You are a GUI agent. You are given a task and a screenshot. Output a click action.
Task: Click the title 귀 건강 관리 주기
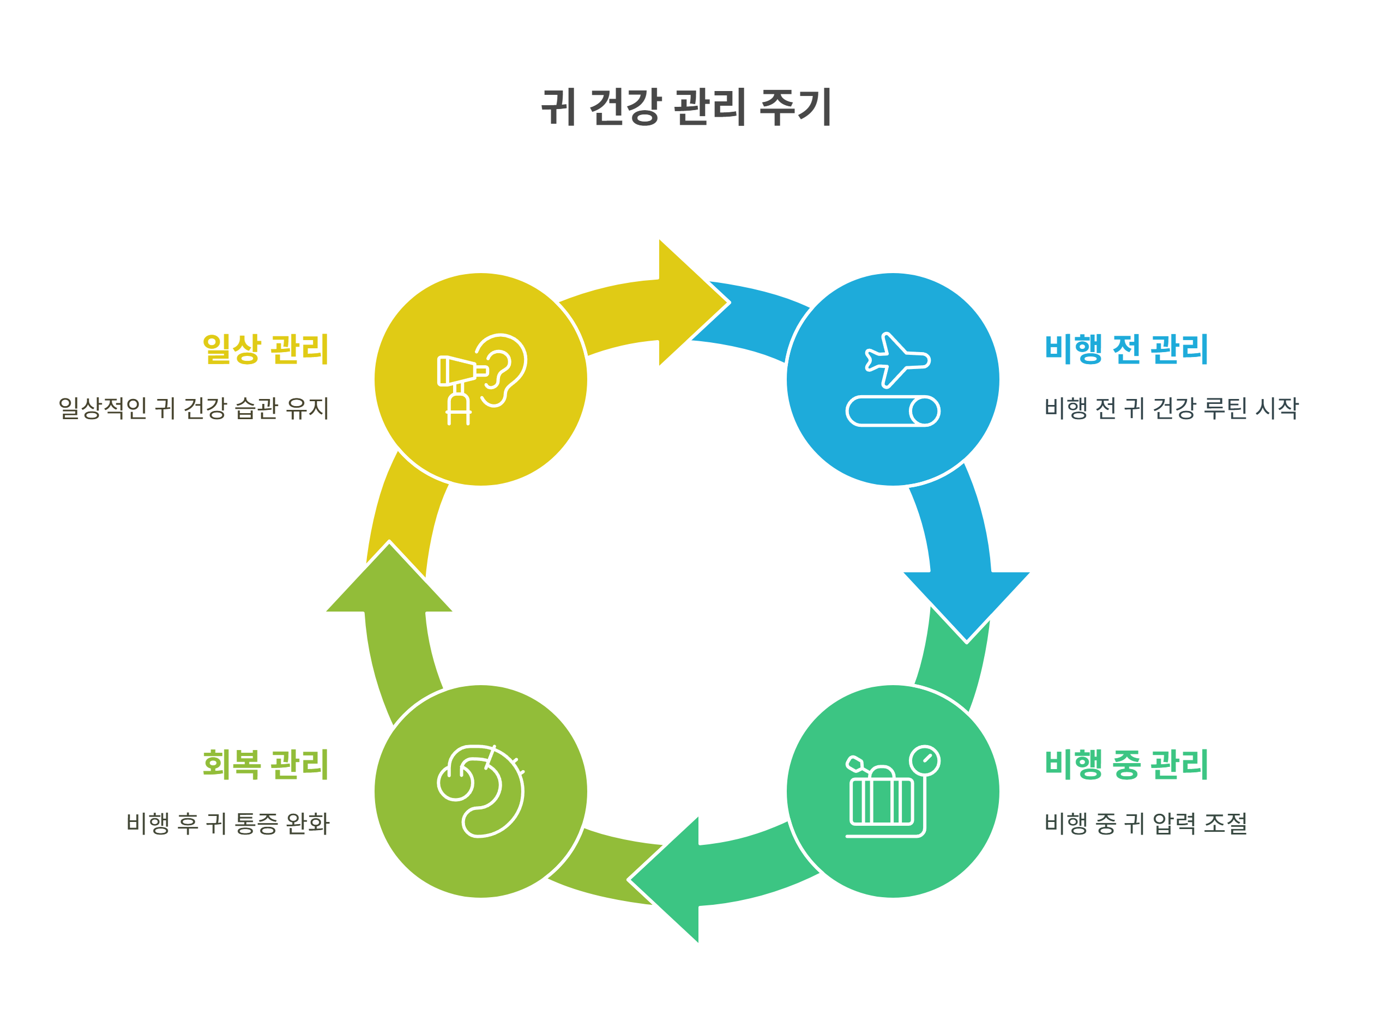click(x=686, y=107)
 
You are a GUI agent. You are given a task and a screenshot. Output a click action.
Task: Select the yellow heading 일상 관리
click(x=266, y=349)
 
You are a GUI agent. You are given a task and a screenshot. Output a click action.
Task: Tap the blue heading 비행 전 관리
click(x=1126, y=349)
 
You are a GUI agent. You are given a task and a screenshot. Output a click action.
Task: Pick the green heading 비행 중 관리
click(x=1126, y=765)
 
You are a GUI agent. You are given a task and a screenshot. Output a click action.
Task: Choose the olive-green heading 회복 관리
click(x=266, y=765)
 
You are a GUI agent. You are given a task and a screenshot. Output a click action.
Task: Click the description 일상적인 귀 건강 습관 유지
click(x=194, y=408)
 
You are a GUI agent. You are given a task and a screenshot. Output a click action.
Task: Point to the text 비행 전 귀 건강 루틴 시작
click(x=1171, y=408)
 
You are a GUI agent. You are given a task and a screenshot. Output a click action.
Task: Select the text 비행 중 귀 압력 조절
click(x=1145, y=824)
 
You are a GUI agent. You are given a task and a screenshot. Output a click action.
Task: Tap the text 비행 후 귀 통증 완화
click(x=228, y=824)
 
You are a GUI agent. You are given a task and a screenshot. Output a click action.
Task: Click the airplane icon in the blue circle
click(x=897, y=360)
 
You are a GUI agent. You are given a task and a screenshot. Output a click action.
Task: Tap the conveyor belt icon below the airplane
click(x=893, y=411)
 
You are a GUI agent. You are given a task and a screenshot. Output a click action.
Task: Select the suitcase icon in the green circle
click(x=881, y=799)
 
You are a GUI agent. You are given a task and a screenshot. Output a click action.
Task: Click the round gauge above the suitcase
click(x=924, y=761)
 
